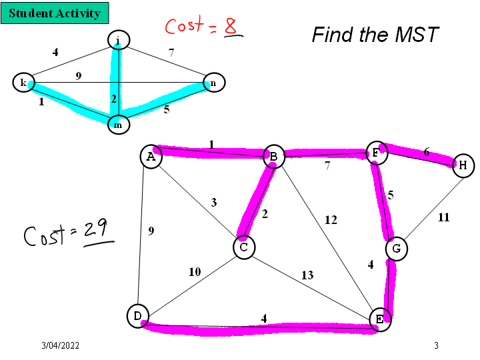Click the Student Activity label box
pos(55,13)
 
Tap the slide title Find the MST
pos(375,35)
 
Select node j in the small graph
pos(118,41)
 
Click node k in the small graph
pos(23,83)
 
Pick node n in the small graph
pos(213,83)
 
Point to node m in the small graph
pos(118,124)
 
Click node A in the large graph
pos(151,157)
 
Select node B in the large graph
pos(273,157)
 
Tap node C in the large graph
pos(244,247)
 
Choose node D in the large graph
pos(137,316)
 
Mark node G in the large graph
pos(397,249)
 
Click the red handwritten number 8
pos(231,27)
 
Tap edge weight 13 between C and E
pos(307,275)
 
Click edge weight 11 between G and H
pos(443,217)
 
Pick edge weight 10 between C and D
pos(194,272)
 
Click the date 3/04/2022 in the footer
pos(60,345)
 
